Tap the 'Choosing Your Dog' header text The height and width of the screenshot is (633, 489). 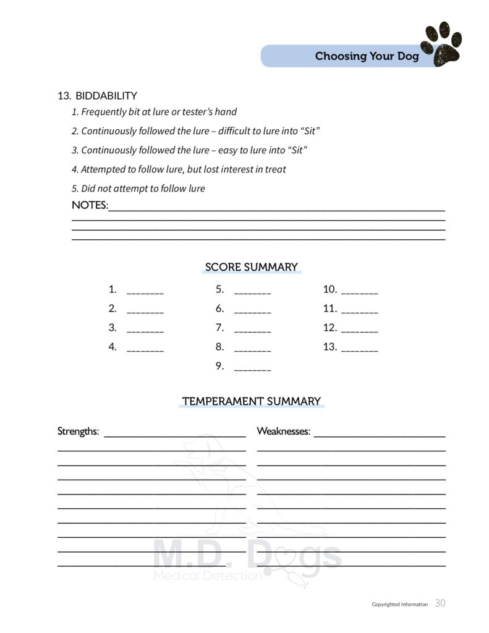[x=367, y=56]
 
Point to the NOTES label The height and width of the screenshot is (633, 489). [x=90, y=205]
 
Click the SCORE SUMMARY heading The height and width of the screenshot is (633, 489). [x=251, y=267]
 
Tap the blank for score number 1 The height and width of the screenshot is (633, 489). [x=145, y=290]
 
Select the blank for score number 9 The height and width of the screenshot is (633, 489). [x=252, y=367]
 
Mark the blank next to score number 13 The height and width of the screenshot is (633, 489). [x=359, y=347]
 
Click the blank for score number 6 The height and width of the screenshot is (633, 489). [x=252, y=309]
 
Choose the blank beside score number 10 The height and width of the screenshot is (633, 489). [x=359, y=290]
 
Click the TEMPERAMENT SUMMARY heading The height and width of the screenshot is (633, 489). [x=251, y=401]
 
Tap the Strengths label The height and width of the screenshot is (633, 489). [x=78, y=431]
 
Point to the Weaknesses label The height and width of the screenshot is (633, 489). [x=283, y=431]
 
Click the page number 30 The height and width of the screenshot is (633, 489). [x=440, y=603]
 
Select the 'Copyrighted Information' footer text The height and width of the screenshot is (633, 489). [x=399, y=605]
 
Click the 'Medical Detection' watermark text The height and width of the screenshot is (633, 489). [x=207, y=576]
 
